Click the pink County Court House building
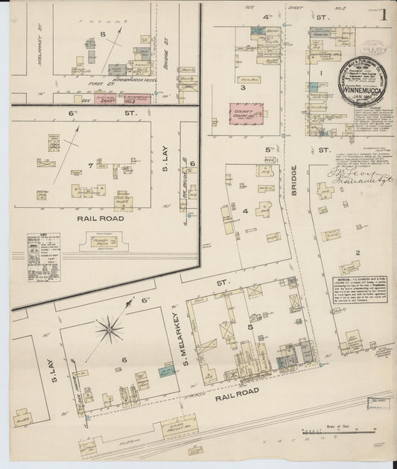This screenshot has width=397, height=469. click(244, 113)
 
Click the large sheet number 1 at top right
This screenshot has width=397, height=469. click(383, 15)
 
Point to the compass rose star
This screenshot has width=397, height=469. click(109, 327)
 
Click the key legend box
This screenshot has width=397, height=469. click(43, 257)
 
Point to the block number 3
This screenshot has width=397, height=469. click(243, 87)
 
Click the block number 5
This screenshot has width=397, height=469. click(250, 326)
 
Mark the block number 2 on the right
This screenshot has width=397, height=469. click(358, 253)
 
